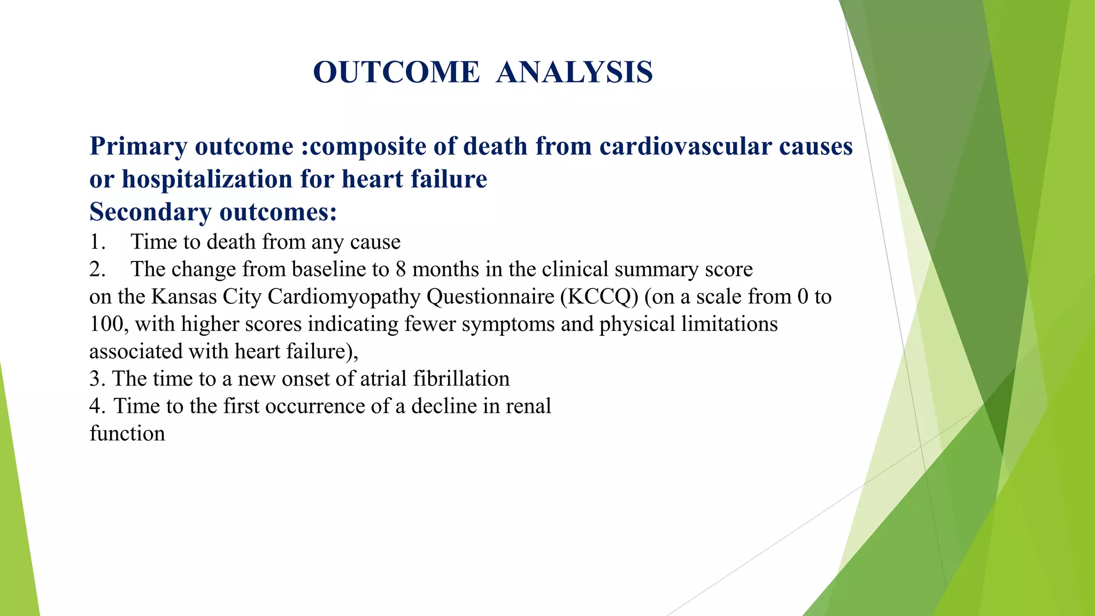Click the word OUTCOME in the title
[396, 72]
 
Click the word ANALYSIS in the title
[574, 72]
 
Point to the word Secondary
[150, 212]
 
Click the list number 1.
[97, 242]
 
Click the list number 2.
[97, 269]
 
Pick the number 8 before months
[400, 269]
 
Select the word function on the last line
[127, 434]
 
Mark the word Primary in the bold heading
[139, 147]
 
